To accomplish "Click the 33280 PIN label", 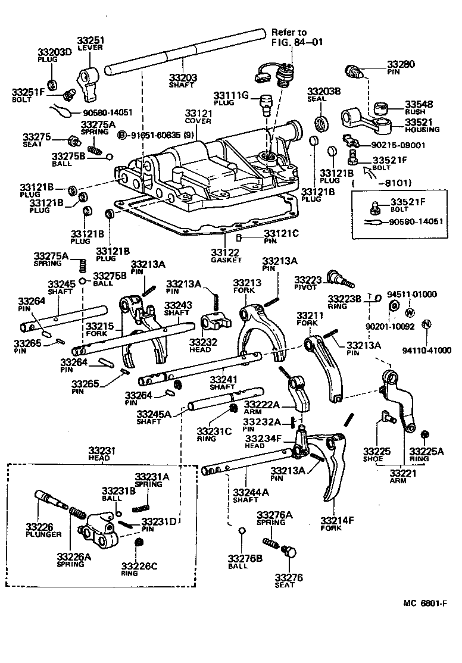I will pos(401,67).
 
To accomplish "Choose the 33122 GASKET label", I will pos(226,257).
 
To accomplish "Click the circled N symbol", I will pos(426,324).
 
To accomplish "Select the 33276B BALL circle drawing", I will pos(241,531).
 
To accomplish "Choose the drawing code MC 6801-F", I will pos(424,602).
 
